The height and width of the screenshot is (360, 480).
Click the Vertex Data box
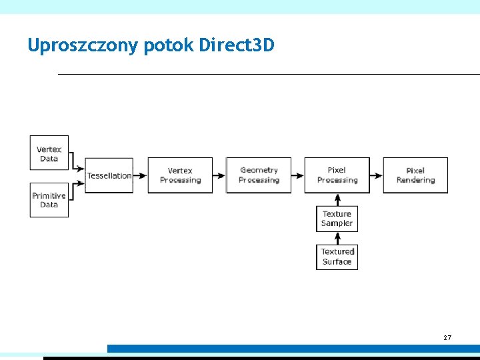[49, 154]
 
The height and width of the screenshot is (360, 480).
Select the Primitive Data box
[49, 200]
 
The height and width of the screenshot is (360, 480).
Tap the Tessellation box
[109, 175]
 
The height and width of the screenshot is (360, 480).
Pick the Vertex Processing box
[180, 175]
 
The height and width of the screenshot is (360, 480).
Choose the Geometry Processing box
[259, 175]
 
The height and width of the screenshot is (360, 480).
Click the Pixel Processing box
[337, 175]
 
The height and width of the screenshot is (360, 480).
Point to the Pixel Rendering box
[415, 175]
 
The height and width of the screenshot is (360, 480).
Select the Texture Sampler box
[337, 219]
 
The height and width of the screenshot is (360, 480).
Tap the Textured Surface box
[337, 257]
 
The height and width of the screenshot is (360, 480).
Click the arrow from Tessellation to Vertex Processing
[140, 175]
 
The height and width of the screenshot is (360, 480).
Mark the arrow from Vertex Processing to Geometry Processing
[219, 175]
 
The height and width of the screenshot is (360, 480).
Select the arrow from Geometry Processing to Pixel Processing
[298, 175]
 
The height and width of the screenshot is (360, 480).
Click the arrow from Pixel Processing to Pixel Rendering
[377, 175]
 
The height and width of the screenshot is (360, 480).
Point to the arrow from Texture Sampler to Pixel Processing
[337, 199]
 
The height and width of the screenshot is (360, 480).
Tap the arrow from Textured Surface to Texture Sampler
[337, 239]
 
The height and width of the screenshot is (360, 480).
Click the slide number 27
[447, 338]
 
